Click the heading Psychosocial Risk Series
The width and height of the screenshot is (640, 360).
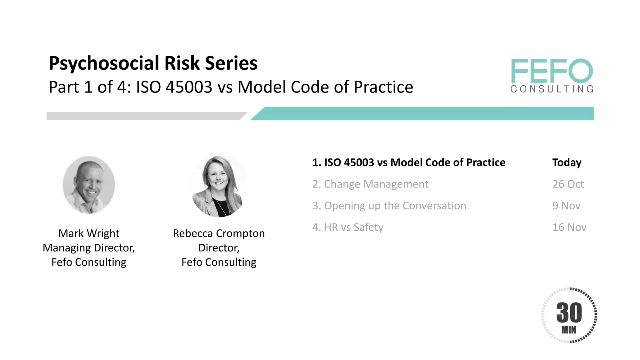pyautogui.click(x=153, y=63)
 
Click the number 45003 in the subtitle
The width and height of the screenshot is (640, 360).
pyautogui.click(x=189, y=87)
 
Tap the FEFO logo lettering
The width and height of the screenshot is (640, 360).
pyautogui.click(x=552, y=71)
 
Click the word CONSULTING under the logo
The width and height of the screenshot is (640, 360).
pyautogui.click(x=552, y=89)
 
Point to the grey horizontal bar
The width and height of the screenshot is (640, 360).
pyautogui.click(x=144, y=116)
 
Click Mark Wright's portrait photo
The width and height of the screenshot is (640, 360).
pyautogui.click(x=89, y=185)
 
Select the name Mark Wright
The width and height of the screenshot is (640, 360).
pyautogui.click(x=89, y=233)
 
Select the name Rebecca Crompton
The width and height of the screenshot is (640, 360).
pyautogui.click(x=219, y=233)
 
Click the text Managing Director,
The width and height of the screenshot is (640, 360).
pyautogui.click(x=89, y=248)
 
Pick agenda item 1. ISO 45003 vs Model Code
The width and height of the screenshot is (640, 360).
pyautogui.click(x=409, y=162)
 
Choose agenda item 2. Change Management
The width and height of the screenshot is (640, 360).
pyautogui.click(x=370, y=184)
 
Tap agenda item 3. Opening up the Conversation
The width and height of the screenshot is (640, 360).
pyautogui.click(x=389, y=206)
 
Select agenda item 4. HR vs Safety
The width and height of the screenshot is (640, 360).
pyautogui.click(x=348, y=227)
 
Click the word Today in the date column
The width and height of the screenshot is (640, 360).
pyautogui.click(x=567, y=162)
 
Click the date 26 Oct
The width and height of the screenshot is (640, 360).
pyautogui.click(x=568, y=184)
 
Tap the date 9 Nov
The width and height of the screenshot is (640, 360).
pyautogui.click(x=566, y=206)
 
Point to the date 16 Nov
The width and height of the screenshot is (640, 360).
pyautogui.click(x=569, y=227)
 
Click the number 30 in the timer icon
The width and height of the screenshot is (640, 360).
pyautogui.click(x=569, y=312)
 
